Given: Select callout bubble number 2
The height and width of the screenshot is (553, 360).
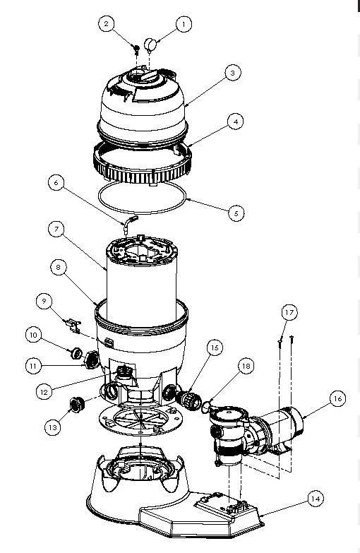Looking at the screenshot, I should pyautogui.click(x=107, y=25).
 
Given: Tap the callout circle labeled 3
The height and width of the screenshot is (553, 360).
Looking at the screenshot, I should pyautogui.click(x=231, y=73).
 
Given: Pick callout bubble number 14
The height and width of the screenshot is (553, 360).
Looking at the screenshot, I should pyautogui.click(x=316, y=499).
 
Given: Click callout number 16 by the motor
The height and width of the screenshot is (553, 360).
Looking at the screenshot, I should pyautogui.click(x=337, y=399).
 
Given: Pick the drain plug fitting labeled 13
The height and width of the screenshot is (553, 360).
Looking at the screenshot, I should pyautogui.click(x=73, y=405).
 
